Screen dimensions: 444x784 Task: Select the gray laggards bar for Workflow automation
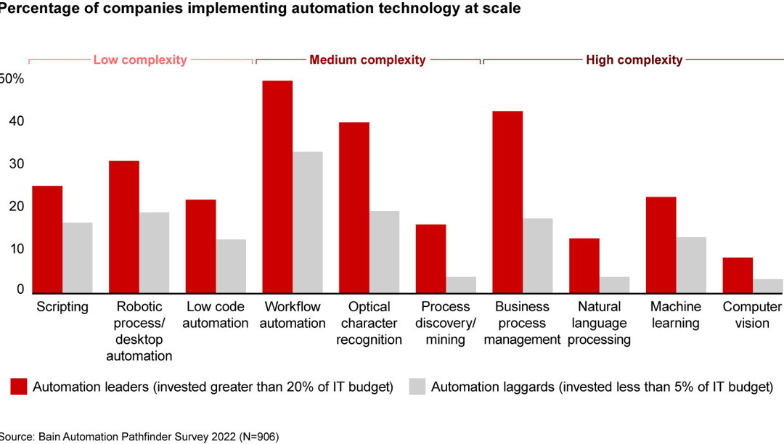(x=308, y=222)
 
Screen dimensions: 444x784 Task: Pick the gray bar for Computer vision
(x=768, y=286)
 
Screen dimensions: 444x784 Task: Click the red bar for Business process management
(x=507, y=202)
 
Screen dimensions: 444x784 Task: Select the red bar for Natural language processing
(x=584, y=266)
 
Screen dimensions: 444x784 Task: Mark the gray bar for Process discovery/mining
(x=461, y=284)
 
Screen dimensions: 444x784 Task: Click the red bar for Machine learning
(x=661, y=244)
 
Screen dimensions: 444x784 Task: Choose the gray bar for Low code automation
(x=231, y=266)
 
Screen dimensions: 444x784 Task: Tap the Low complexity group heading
(x=140, y=60)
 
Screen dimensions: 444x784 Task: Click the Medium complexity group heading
(x=367, y=60)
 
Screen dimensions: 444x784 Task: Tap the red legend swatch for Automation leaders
(x=18, y=387)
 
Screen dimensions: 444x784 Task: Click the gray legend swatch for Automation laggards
(x=417, y=387)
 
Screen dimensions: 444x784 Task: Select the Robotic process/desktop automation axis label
(x=139, y=332)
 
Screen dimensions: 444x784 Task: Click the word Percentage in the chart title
(x=36, y=9)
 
